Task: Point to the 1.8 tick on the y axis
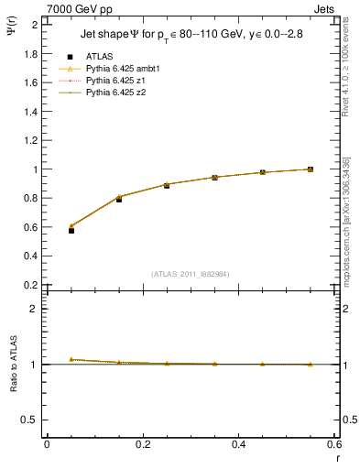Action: coord(31,53)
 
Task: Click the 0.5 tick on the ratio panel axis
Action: coord(31,420)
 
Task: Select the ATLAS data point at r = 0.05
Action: coord(46,230)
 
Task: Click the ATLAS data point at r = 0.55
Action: coord(311,169)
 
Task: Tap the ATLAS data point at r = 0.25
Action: coord(167,185)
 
